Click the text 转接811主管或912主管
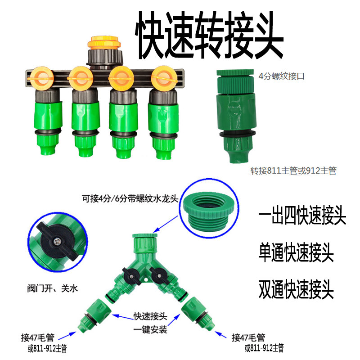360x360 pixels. coord(293,171)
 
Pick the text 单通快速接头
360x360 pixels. coord(297,253)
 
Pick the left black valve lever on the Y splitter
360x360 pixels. coord(129,273)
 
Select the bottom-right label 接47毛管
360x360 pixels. coord(248,337)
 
